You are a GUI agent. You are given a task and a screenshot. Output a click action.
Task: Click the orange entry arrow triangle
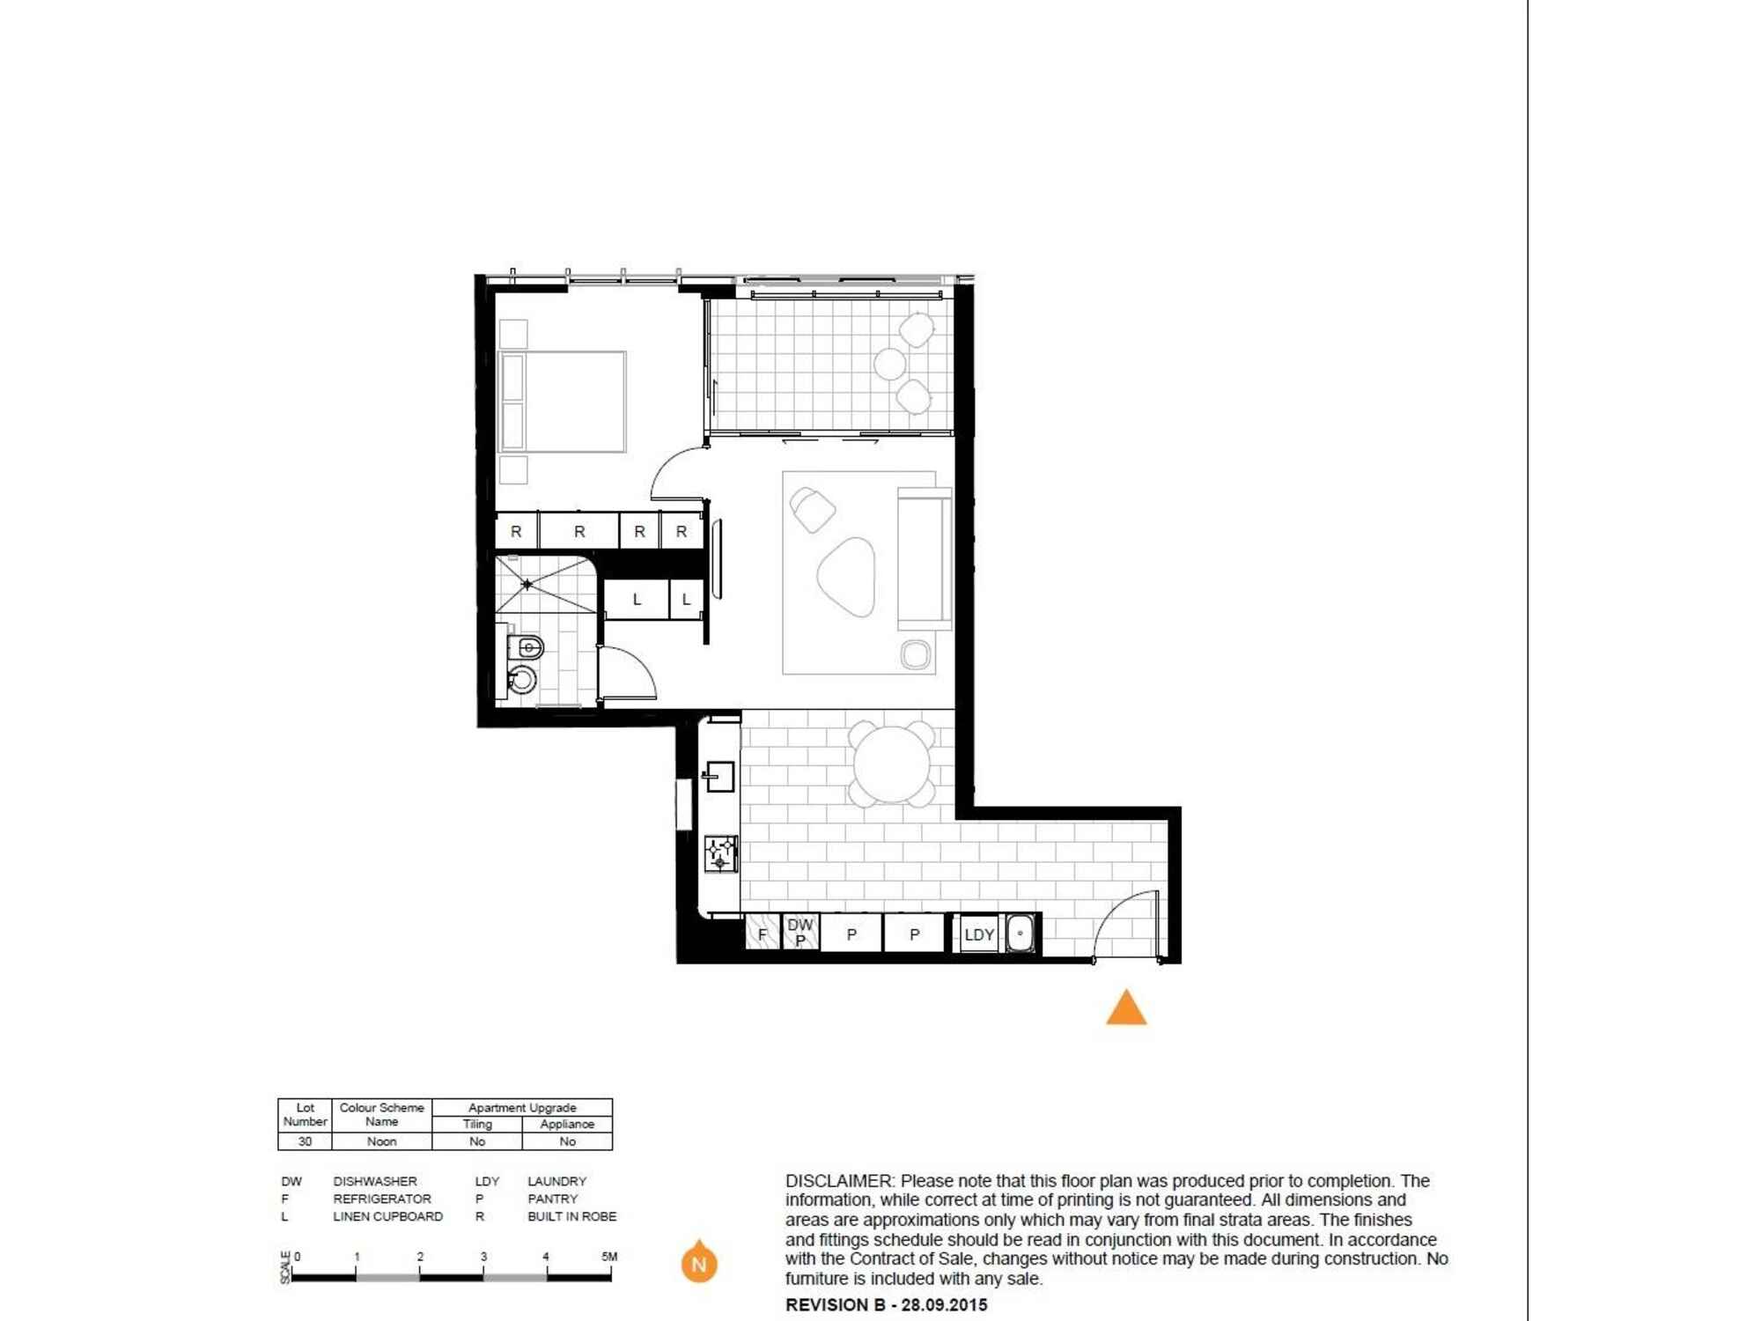point(1126,1009)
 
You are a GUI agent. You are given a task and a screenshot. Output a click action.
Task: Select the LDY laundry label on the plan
point(979,935)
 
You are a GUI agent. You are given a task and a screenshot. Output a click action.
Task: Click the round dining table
point(892,764)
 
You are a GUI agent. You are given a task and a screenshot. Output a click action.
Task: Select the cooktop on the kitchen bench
point(720,853)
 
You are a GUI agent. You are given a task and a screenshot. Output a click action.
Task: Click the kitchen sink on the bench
point(719,776)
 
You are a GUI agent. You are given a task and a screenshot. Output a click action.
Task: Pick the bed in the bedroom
point(563,402)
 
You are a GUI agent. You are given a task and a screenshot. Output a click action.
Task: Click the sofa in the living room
point(925,558)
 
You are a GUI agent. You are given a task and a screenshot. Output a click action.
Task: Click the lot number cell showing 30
point(305,1141)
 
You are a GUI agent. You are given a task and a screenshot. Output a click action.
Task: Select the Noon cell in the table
point(381,1141)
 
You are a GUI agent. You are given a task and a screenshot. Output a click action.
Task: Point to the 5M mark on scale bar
point(609,1258)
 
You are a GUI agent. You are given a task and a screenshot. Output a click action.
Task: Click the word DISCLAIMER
point(837,1181)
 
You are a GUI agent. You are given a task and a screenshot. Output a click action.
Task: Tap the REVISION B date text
point(886,1305)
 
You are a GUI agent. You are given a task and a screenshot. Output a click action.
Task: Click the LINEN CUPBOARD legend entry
point(387,1216)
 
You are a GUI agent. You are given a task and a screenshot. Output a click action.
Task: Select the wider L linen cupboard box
point(637,600)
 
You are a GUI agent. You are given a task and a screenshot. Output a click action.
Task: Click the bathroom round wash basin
point(522,679)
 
